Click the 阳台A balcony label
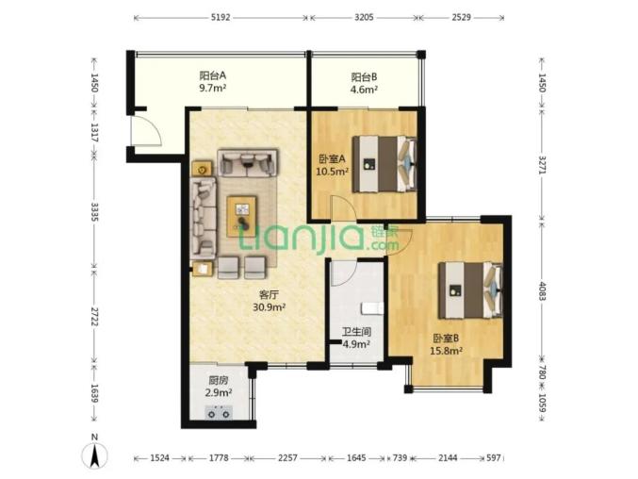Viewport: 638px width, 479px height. pos(212,75)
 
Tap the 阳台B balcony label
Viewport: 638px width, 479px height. pos(364,76)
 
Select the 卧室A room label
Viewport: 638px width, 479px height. pos(332,158)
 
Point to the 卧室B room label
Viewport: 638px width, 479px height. pos(446,338)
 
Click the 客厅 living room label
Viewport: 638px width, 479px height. pos(269,294)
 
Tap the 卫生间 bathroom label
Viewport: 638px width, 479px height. pos(356,332)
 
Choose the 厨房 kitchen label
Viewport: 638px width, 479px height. pos(219,381)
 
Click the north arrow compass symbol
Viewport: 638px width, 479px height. pos(95,455)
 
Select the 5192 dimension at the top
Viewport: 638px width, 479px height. pos(221,18)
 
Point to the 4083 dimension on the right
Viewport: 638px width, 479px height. pos(542,290)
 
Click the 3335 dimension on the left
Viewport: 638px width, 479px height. pos(94,211)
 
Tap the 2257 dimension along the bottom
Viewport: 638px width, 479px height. pos(288,458)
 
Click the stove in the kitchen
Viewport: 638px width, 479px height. pos(219,412)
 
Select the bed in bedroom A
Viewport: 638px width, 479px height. pos(384,164)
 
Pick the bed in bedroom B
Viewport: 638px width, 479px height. pos(470,290)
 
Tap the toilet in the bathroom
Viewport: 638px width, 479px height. pos(372,308)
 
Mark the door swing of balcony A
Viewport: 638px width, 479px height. pos(146,131)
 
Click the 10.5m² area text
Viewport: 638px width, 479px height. pos(332,172)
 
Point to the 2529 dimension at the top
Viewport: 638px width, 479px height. pos(462,18)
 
